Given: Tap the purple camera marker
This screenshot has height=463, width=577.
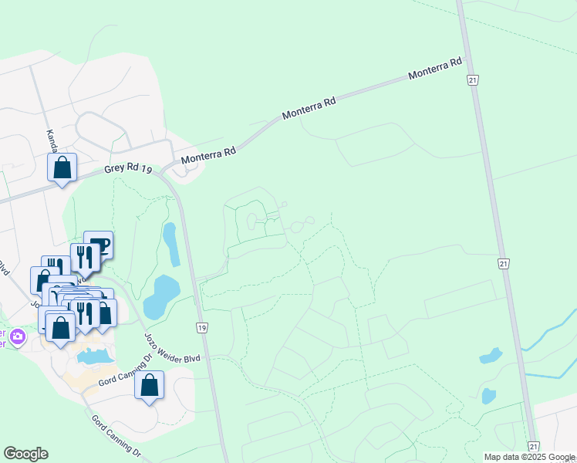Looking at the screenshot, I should pos(17,336).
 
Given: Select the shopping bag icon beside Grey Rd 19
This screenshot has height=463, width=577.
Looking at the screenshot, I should pos(62,167).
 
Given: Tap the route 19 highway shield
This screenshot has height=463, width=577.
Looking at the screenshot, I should pos(201,328).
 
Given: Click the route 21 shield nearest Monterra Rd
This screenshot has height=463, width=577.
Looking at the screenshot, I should pos(471,79).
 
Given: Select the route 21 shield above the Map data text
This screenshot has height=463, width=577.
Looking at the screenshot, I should pos(533,447).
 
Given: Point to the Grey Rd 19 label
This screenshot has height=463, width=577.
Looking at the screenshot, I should pos(127,171).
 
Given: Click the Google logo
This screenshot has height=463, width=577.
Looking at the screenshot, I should pos(25,454).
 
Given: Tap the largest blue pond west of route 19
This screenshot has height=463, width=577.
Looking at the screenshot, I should pos(160,297).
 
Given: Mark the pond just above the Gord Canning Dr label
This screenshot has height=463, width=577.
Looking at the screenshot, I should pos(93,357).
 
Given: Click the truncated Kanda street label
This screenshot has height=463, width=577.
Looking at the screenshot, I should pos(51,139).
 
